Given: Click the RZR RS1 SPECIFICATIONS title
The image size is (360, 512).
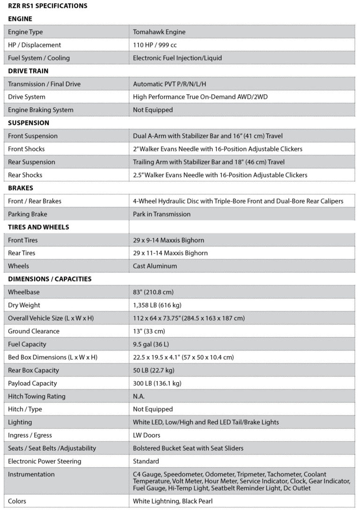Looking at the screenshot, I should [x=48, y=6].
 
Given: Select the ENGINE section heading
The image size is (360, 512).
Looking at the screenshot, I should [x=20, y=19].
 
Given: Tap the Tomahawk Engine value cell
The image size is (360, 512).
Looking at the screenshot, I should [x=159, y=32].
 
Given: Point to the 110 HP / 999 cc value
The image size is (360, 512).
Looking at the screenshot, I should [x=155, y=45].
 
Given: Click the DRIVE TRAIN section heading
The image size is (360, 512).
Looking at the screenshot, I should [x=28, y=71].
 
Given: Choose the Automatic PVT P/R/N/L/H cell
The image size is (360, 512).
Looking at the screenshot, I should [x=170, y=84].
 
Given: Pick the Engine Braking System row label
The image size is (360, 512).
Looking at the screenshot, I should [x=41, y=110].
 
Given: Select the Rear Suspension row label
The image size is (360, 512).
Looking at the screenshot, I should [x=31, y=162].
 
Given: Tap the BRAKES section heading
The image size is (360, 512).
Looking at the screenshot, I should [x=19, y=188].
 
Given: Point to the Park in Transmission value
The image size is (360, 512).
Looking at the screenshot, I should [x=162, y=214].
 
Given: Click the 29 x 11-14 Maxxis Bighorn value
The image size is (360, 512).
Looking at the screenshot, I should [x=171, y=253].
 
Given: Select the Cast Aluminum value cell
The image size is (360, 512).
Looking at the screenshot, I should [x=155, y=266].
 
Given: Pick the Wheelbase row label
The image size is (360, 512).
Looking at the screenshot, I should [x=24, y=292].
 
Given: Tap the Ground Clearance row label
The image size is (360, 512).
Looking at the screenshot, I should [x=34, y=331].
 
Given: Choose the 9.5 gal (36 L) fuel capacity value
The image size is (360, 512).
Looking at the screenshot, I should [x=151, y=344].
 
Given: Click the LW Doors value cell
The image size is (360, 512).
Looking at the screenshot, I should [x=147, y=435].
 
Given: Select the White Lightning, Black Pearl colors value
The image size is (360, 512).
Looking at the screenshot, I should [x=173, y=501].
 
